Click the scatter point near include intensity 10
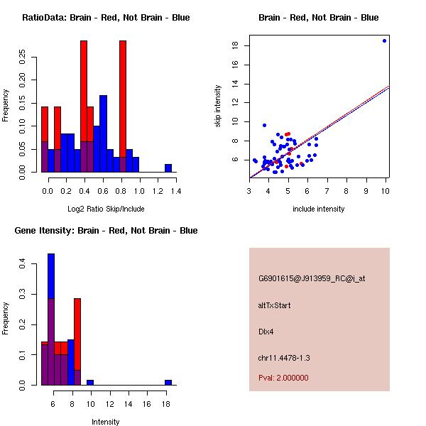(384, 40)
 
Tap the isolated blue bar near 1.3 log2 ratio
(168, 168)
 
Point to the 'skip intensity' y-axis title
(219, 106)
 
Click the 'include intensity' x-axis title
(319, 209)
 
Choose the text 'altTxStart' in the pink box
(274, 305)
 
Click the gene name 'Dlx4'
(266, 331)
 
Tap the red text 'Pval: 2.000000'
(283, 378)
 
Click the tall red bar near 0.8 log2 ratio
(123, 106)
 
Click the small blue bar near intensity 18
(168, 382)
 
